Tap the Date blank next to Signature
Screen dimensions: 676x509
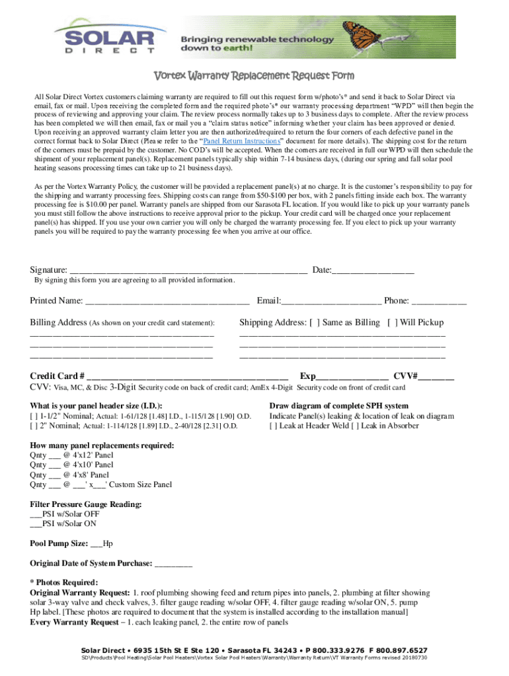[373, 270]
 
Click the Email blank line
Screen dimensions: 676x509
[331, 302]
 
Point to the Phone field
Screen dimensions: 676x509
[439, 302]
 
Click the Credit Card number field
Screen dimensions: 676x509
[188, 376]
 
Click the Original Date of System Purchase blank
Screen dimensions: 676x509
[174, 564]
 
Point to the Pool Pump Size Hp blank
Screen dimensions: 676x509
[97, 545]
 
